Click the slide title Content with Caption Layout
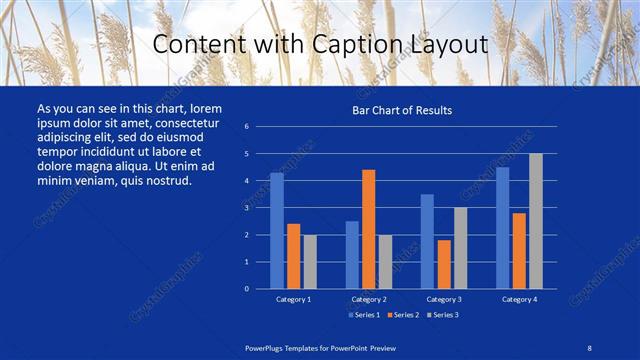(319, 45)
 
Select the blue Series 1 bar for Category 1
(277, 231)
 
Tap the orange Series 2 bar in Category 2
(368, 229)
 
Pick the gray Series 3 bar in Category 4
(536, 221)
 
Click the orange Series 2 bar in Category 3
(444, 264)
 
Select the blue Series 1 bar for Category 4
(502, 228)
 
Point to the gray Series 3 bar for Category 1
(310, 262)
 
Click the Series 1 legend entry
(365, 315)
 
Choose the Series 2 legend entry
(404, 315)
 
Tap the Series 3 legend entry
(443, 315)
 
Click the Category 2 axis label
(369, 299)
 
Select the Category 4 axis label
(519, 299)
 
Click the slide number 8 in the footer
(587, 345)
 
